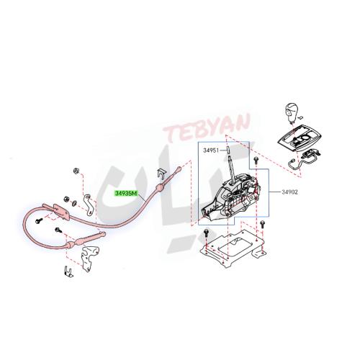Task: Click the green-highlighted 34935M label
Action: (x=126, y=193)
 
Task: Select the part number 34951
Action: (x=211, y=150)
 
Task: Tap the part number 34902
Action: (x=289, y=192)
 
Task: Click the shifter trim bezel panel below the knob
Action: (x=301, y=138)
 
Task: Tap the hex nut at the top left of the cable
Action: (x=76, y=171)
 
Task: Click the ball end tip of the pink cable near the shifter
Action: (x=179, y=169)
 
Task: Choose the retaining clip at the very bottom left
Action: (x=69, y=271)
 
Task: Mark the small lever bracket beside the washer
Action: (x=88, y=204)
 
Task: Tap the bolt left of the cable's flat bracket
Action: (x=39, y=221)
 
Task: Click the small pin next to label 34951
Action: (x=228, y=150)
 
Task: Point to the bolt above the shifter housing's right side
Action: (x=256, y=160)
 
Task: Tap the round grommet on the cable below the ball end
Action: (x=160, y=186)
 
